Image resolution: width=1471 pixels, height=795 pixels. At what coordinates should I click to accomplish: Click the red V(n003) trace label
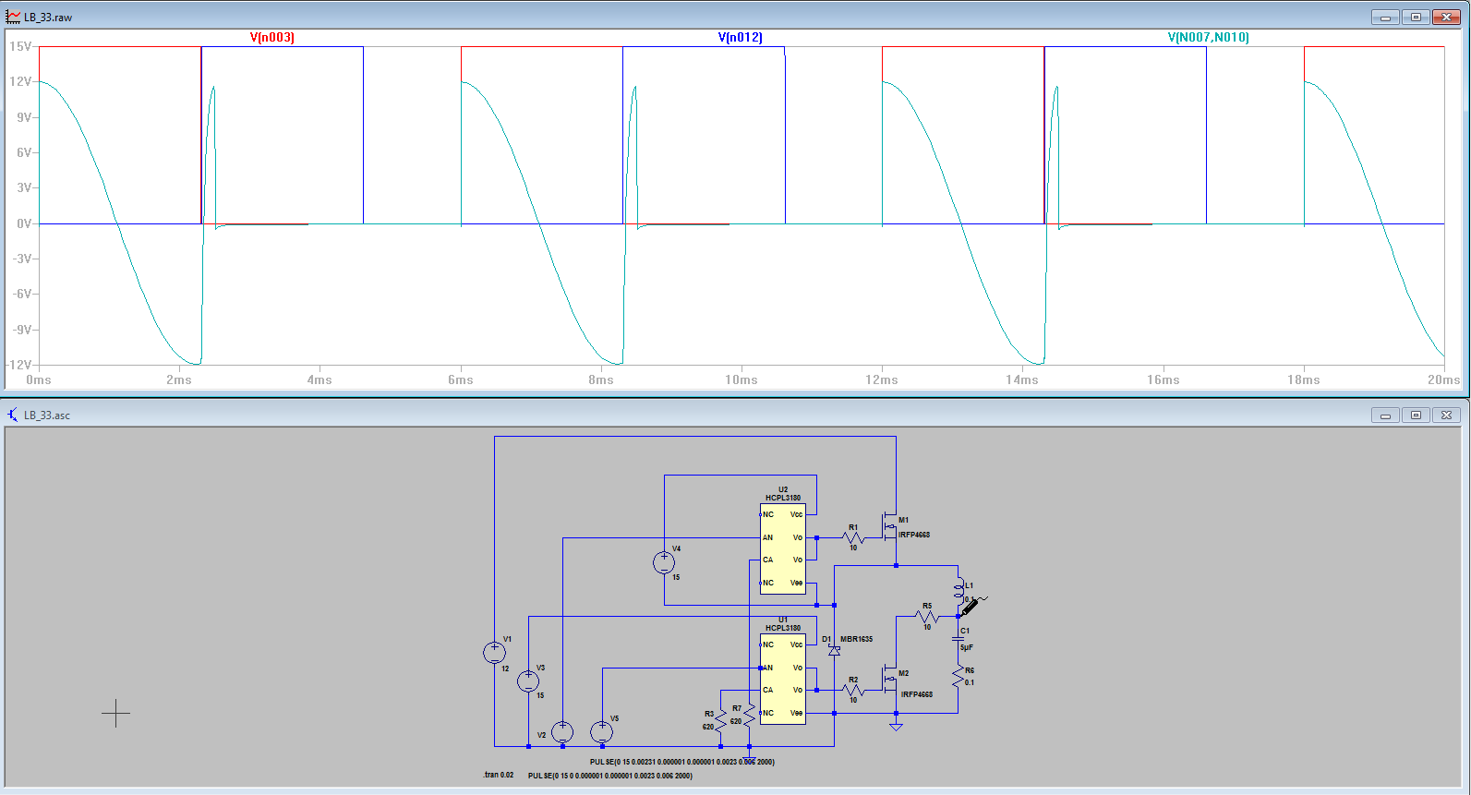[x=272, y=38]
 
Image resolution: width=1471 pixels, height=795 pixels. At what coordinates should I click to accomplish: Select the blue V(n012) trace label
[x=741, y=38]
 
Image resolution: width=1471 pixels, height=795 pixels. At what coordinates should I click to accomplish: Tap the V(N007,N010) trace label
[x=1208, y=38]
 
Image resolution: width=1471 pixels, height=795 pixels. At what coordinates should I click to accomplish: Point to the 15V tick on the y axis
[x=20, y=46]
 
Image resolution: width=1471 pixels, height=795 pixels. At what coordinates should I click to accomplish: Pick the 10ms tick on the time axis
[x=741, y=379]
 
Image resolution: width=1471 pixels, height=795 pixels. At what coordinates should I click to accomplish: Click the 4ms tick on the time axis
[x=320, y=379]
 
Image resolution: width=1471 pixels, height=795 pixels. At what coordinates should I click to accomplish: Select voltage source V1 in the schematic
[x=495, y=653]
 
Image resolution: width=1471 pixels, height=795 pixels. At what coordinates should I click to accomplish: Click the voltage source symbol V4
[x=664, y=562]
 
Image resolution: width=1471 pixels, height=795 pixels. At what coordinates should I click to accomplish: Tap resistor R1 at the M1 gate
[x=853, y=537]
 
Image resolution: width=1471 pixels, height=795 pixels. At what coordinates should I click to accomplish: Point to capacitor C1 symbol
[x=959, y=639]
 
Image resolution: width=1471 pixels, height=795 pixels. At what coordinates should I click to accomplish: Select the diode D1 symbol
[x=835, y=651]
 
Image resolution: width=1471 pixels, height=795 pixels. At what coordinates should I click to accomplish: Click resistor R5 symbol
[x=927, y=616]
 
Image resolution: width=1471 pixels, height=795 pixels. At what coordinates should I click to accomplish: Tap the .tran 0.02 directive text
[x=499, y=775]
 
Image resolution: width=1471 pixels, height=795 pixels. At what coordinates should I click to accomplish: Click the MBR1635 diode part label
[x=856, y=639]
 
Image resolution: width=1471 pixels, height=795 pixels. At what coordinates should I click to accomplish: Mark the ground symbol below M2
[x=896, y=727]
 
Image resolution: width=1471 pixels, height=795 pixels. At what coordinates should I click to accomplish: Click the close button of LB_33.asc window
[x=1447, y=416]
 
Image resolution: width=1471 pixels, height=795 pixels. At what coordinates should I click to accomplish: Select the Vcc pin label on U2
[x=796, y=514]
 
